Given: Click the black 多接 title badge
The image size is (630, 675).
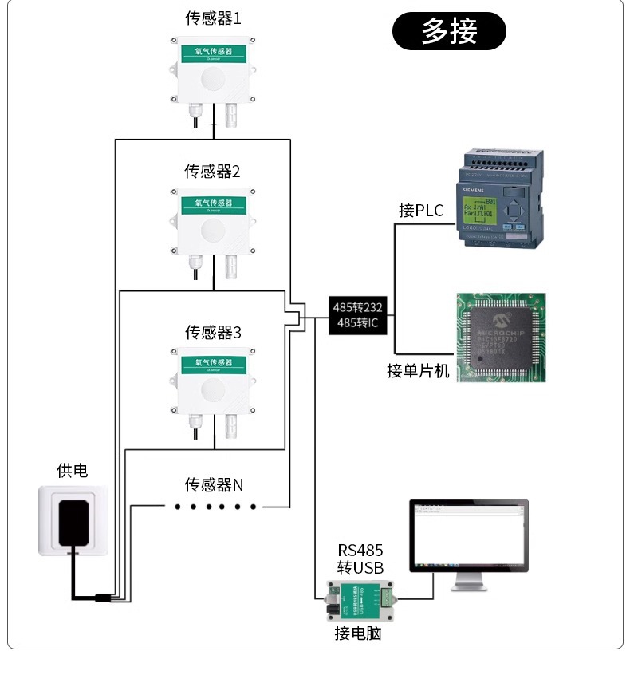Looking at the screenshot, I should pyautogui.click(x=449, y=32).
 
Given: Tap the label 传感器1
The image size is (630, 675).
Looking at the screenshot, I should pyautogui.click(x=213, y=16).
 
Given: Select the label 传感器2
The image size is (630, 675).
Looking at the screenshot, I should pyautogui.click(x=213, y=171).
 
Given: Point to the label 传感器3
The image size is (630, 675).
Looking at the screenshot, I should pyautogui.click(x=213, y=332).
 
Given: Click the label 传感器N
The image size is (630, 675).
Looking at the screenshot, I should pyautogui.click(x=213, y=485).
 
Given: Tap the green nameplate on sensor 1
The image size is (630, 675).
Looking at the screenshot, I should pyautogui.click(x=213, y=53).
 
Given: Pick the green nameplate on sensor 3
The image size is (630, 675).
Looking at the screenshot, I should pyautogui.click(x=213, y=365).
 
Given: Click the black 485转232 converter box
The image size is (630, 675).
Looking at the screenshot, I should pyautogui.click(x=358, y=315).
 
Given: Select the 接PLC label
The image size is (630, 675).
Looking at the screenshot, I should pyautogui.click(x=421, y=211).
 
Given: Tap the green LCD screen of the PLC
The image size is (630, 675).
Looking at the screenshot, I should pyautogui.click(x=480, y=211).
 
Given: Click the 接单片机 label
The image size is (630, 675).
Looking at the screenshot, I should pyautogui.click(x=419, y=371).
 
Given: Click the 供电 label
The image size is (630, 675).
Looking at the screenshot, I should pyautogui.click(x=72, y=471).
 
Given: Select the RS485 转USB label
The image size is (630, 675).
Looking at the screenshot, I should pyautogui.click(x=360, y=559).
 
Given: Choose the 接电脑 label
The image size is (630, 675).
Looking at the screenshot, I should pyautogui.click(x=358, y=634).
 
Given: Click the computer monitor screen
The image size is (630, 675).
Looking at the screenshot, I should pyautogui.click(x=469, y=534).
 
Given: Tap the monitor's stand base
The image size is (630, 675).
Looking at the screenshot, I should pyautogui.click(x=470, y=587).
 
